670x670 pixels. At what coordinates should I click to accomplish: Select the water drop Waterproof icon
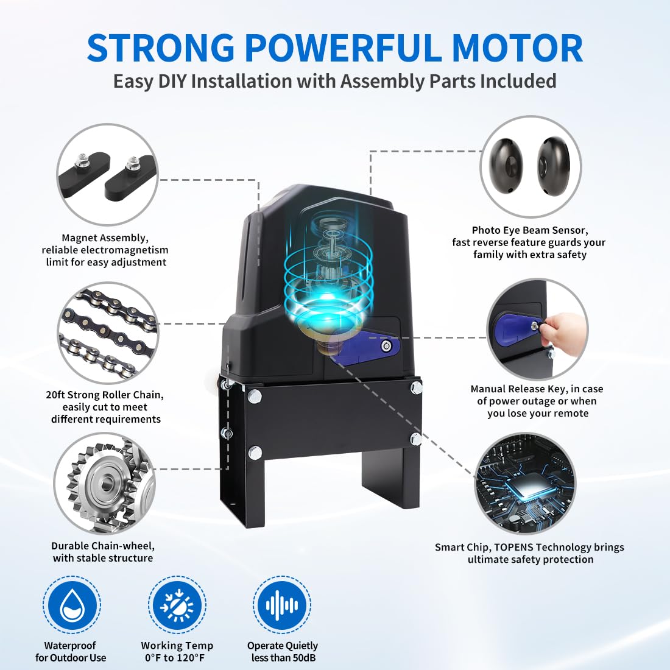(x=72, y=605)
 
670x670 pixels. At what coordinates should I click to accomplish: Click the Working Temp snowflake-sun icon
(x=177, y=605)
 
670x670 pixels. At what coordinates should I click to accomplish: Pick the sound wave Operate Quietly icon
(x=282, y=605)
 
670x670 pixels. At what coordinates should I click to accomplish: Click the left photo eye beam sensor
(x=509, y=166)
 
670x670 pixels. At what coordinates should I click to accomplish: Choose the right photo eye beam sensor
(x=553, y=164)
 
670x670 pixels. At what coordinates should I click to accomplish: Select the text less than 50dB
(x=283, y=657)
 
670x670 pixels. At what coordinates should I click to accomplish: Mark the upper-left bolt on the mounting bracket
(x=254, y=396)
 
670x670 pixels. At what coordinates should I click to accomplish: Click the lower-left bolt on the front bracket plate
(x=255, y=452)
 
